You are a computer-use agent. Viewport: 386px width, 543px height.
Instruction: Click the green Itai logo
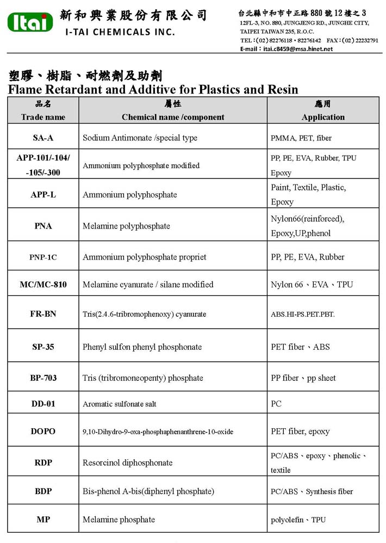pyautogui.click(x=30, y=22)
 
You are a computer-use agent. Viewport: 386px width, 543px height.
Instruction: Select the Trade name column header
pyautogui.click(x=43, y=117)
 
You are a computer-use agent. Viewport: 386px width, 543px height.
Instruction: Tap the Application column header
pyautogui.click(x=323, y=117)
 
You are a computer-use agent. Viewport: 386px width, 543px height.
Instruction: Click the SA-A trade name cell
pyautogui.click(x=43, y=138)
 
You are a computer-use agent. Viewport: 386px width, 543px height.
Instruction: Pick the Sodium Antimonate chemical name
pyautogui.click(x=140, y=138)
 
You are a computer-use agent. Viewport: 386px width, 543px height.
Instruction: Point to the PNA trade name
pyautogui.click(x=43, y=226)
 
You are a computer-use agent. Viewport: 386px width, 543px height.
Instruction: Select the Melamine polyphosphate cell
pyautogui.click(x=126, y=226)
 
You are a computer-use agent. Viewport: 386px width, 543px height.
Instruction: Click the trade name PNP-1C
pyautogui.click(x=43, y=257)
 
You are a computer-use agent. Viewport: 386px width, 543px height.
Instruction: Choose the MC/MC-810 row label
pyautogui.click(x=43, y=285)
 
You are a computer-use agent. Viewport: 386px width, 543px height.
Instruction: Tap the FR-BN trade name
pyautogui.click(x=43, y=314)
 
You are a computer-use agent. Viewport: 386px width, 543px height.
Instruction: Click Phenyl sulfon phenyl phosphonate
pyautogui.click(x=142, y=347)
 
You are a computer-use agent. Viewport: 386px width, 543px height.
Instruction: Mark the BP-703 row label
pyautogui.click(x=43, y=378)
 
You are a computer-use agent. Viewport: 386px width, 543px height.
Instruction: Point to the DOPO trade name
pyautogui.click(x=43, y=431)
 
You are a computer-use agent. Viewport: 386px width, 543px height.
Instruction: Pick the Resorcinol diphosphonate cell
pyautogui.click(x=127, y=462)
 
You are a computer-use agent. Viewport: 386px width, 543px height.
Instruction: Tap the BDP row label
pyautogui.click(x=43, y=491)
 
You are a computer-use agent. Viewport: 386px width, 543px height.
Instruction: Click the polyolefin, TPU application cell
pyautogui.click(x=298, y=520)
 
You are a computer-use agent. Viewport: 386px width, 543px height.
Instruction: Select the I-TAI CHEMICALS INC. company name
pyautogui.click(x=120, y=32)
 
